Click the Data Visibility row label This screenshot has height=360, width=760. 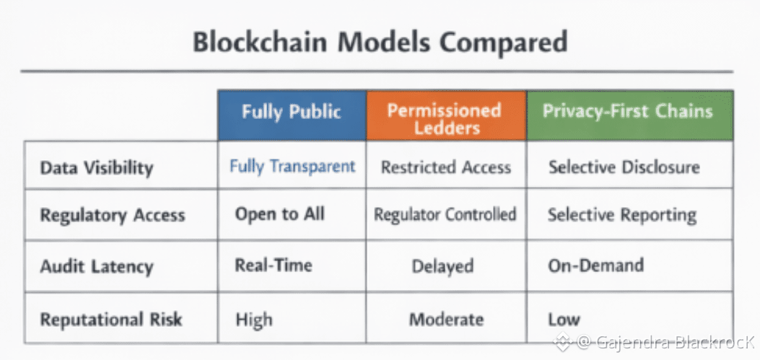click(97, 168)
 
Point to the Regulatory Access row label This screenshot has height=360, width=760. click(113, 216)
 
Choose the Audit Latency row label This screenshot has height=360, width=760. click(97, 266)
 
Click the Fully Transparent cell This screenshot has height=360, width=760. click(292, 167)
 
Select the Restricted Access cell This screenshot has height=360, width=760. click(446, 167)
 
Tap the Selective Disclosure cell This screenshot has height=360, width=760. click(624, 167)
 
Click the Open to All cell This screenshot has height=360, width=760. click(279, 214)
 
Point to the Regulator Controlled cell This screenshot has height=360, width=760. click(445, 214)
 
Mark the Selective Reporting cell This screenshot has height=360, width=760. click(622, 215)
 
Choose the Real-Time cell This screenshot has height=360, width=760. click(274, 265)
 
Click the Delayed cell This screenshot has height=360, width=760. click(442, 266)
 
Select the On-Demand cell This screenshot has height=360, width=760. click(595, 265)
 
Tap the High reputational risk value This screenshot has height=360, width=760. click(253, 319)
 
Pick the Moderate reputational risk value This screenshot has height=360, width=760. click(446, 319)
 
